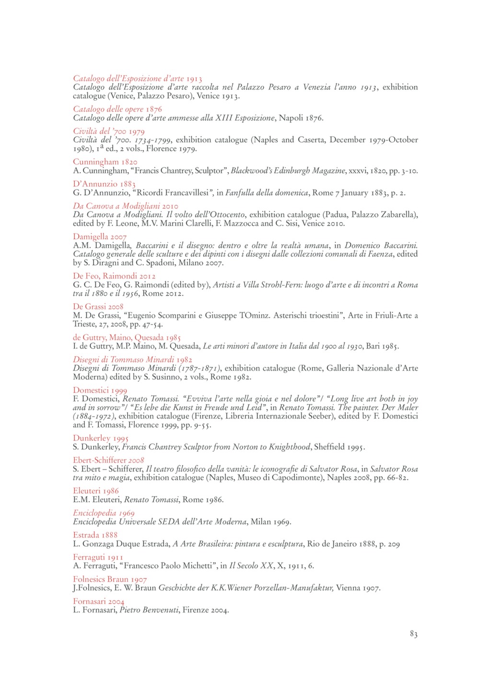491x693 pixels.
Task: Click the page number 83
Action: pyautogui.click(x=413, y=634)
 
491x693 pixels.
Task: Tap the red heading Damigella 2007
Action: pyautogui.click(x=100, y=236)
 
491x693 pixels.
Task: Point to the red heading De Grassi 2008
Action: pyautogui.click(x=98, y=306)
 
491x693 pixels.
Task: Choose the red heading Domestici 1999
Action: pyautogui.click(x=100, y=390)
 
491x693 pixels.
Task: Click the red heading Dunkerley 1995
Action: pyautogui.click(x=101, y=438)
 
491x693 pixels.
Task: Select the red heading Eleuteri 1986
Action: pyautogui.click(x=96, y=491)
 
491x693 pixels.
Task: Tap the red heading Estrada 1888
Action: pyautogui.click(x=95, y=535)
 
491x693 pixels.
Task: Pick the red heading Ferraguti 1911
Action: pyautogui.click(x=98, y=557)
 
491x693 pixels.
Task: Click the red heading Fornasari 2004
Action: pyautogui.click(x=99, y=601)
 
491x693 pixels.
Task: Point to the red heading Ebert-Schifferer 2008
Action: pyautogui.click(x=108, y=460)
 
